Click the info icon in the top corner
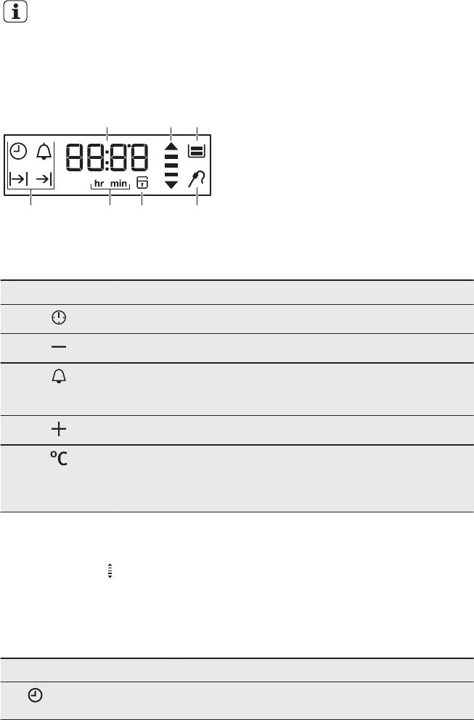click(x=15, y=12)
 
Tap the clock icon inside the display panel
click(x=18, y=151)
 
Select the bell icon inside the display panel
click(x=44, y=151)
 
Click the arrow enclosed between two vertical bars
click(x=18, y=179)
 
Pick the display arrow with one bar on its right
click(x=44, y=179)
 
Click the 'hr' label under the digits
click(x=99, y=184)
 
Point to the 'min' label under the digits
click(x=118, y=184)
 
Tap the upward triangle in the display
click(x=171, y=147)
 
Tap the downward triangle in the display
click(x=171, y=184)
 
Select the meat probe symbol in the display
click(x=196, y=179)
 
